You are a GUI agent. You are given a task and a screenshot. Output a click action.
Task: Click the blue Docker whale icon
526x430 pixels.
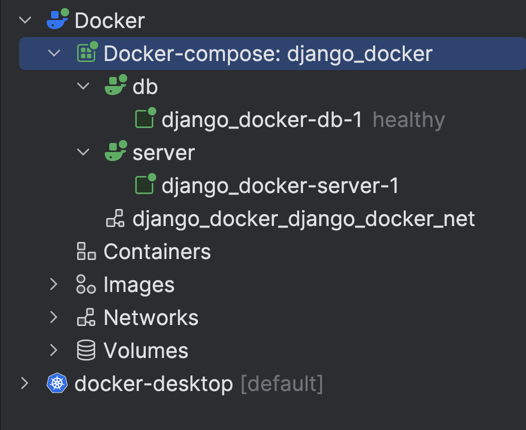pyautogui.click(x=57, y=20)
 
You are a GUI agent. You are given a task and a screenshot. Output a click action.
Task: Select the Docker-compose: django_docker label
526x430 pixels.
pyautogui.click(x=268, y=53)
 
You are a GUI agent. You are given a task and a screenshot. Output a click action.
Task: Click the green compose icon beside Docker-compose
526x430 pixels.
pyautogui.click(x=87, y=53)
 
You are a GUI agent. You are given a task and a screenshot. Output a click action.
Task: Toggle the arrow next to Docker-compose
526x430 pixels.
pyautogui.click(x=54, y=53)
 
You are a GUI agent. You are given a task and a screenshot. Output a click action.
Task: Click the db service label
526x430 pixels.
pyautogui.click(x=145, y=87)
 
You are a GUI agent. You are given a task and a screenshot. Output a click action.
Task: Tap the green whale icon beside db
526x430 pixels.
pyautogui.click(x=115, y=86)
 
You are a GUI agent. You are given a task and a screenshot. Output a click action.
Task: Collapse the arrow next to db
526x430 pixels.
pyautogui.click(x=83, y=87)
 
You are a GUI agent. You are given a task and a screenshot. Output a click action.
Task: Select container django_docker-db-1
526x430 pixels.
pyautogui.click(x=261, y=120)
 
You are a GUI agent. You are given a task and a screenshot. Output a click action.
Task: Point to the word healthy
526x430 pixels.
pyautogui.click(x=409, y=120)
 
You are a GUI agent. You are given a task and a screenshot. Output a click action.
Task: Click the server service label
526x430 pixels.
pyautogui.click(x=164, y=153)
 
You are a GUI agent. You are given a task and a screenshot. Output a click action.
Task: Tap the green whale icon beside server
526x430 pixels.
pyautogui.click(x=115, y=152)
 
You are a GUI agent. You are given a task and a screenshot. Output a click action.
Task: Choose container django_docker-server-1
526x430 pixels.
pyautogui.click(x=280, y=186)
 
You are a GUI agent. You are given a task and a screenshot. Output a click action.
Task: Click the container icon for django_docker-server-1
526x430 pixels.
pyautogui.click(x=145, y=185)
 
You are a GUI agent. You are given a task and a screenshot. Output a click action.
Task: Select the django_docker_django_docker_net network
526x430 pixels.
pyautogui.click(x=304, y=219)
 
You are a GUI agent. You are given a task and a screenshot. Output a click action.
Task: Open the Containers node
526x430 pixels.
pyautogui.click(x=157, y=251)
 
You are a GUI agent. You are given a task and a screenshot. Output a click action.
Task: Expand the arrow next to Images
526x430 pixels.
pyautogui.click(x=54, y=284)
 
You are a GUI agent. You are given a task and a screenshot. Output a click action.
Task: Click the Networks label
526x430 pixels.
pyautogui.click(x=151, y=317)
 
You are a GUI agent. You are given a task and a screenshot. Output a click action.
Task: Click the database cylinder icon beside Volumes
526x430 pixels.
pyautogui.click(x=86, y=350)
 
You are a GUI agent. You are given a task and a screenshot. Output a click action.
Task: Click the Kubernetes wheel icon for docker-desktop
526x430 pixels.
pyautogui.click(x=57, y=383)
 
